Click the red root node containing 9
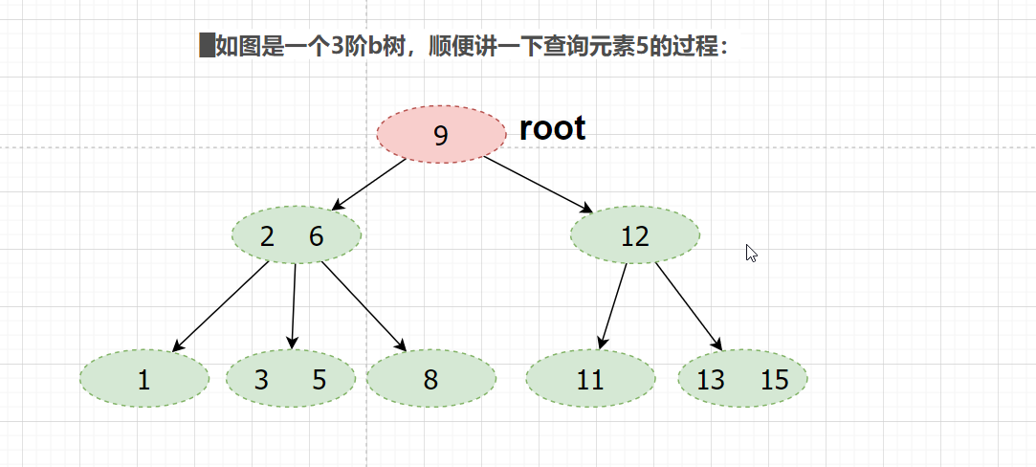tap(441, 135)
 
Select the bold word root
tap(552, 128)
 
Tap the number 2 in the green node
tap(267, 236)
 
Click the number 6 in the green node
tap(317, 236)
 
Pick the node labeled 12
tap(634, 235)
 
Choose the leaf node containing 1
tap(143, 380)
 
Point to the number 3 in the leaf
tap(261, 380)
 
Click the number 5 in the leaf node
tap(320, 380)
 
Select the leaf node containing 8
tap(430, 380)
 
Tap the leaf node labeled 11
tap(590, 380)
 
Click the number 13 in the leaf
tap(711, 380)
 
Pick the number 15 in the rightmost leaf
tap(774, 380)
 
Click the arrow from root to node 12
tap(539, 185)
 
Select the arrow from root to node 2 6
tap(368, 185)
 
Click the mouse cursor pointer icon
tap(751, 253)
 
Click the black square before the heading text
tap(206, 46)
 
